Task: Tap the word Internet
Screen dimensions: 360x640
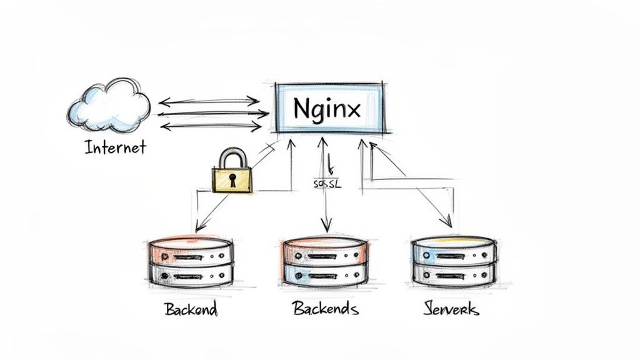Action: click(x=115, y=147)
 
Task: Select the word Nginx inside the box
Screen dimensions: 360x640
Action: click(x=326, y=109)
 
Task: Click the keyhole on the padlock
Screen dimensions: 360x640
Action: click(x=232, y=181)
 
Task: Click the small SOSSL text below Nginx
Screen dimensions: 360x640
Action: click(x=327, y=184)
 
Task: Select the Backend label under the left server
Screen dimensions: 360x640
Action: click(x=190, y=309)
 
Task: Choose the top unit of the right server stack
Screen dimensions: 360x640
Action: click(x=453, y=251)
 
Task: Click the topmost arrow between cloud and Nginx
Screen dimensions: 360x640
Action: click(x=209, y=101)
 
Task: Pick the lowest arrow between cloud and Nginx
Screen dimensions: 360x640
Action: click(x=211, y=127)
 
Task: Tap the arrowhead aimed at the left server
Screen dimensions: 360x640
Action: click(x=199, y=226)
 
